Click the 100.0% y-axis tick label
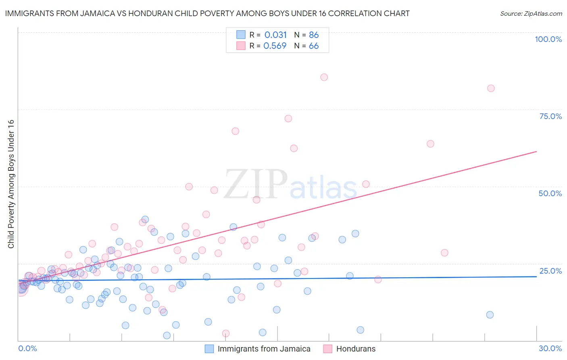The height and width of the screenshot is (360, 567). click(548, 39)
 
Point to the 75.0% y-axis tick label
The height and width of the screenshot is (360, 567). click(550, 116)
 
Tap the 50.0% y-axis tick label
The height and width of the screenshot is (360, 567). click(550, 193)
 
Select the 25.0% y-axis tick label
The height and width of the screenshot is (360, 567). click(550, 271)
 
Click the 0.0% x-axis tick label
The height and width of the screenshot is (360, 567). click(27, 348)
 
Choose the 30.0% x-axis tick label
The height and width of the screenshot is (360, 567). click(550, 348)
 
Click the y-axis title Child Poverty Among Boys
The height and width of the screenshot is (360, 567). click(11, 184)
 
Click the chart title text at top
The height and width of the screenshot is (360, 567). click(207, 13)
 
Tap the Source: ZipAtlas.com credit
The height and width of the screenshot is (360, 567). click(531, 13)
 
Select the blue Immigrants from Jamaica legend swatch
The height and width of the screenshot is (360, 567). click(209, 349)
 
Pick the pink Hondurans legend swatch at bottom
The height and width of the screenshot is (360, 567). click(327, 349)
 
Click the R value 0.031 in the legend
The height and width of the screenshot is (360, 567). click(275, 35)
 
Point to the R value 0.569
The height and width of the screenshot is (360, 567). click(275, 46)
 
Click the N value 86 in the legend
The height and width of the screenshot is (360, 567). click(314, 35)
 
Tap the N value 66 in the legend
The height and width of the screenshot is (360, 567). click(314, 46)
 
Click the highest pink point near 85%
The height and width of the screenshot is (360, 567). click(324, 77)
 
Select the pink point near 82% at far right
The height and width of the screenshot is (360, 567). click(491, 88)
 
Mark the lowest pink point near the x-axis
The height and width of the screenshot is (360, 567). click(226, 333)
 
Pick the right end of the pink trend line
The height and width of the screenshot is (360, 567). click(536, 151)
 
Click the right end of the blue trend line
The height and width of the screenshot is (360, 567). click(536, 276)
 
